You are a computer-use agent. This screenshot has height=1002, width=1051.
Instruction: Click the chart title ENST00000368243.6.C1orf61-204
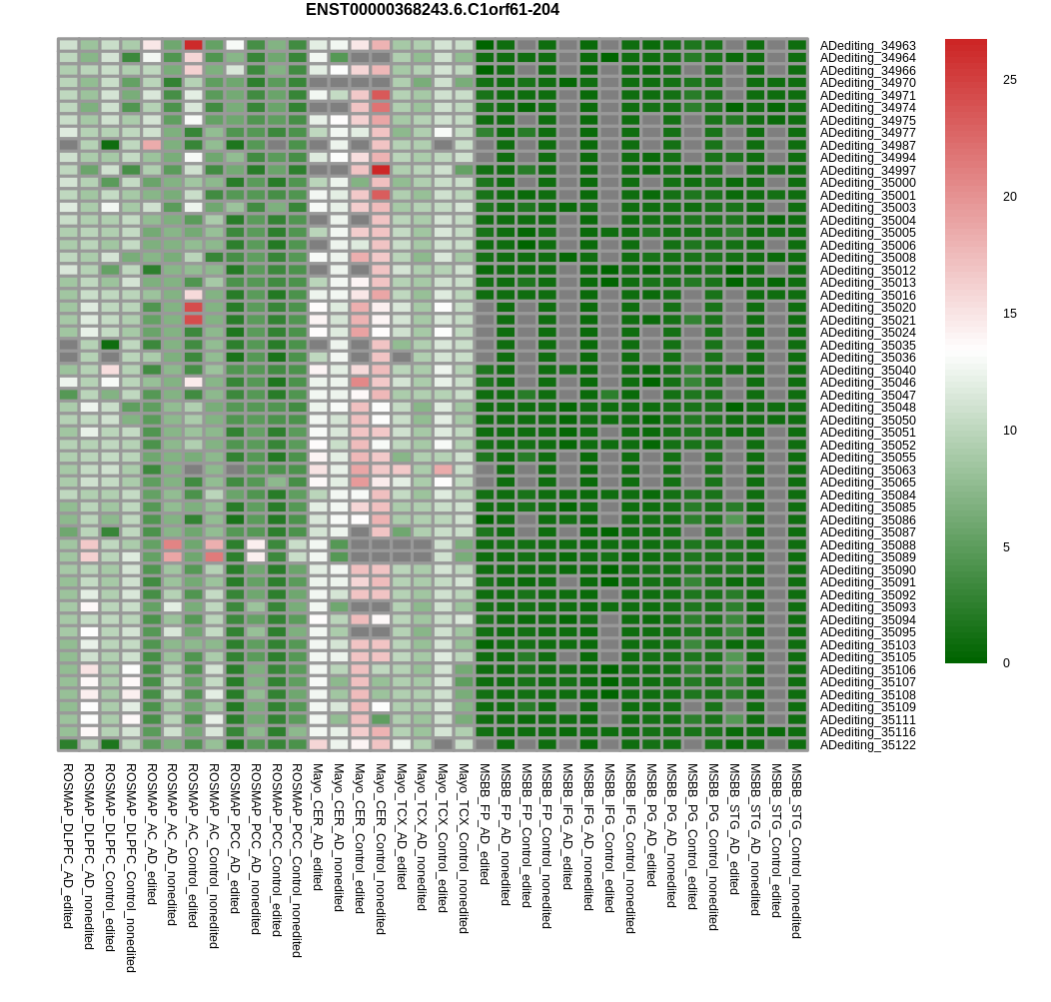pyautogui.click(x=433, y=10)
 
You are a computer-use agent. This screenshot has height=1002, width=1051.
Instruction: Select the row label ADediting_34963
pyautogui.click(x=867, y=46)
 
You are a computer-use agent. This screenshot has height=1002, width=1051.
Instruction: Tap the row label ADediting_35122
pyautogui.click(x=867, y=744)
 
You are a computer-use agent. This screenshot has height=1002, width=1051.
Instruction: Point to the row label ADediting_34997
pyautogui.click(x=867, y=170)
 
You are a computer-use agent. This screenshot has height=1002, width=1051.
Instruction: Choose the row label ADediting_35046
pyautogui.click(x=867, y=383)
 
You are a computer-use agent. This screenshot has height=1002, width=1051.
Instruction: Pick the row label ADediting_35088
pyautogui.click(x=867, y=544)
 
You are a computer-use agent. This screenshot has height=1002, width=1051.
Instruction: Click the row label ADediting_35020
pyautogui.click(x=867, y=308)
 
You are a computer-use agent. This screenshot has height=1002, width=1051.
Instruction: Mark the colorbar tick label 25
pyautogui.click(x=1009, y=80)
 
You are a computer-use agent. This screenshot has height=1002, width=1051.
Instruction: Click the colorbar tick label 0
pyautogui.click(x=1006, y=663)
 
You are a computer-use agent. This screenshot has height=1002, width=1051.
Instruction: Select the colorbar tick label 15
pyautogui.click(x=1009, y=313)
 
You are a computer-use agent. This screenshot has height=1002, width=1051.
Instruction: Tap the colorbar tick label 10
pyautogui.click(x=1009, y=431)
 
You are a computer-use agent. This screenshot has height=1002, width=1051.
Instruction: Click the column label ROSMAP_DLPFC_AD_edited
pyautogui.click(x=68, y=846)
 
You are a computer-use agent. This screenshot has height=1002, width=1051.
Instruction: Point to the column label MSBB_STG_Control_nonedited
pyautogui.click(x=797, y=850)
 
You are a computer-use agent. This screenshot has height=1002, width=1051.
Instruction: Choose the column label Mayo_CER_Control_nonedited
pyautogui.click(x=380, y=848)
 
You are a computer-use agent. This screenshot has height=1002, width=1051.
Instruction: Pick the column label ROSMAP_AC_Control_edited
pyautogui.click(x=193, y=845)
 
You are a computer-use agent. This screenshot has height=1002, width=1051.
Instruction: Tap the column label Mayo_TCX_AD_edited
pyautogui.click(x=401, y=826)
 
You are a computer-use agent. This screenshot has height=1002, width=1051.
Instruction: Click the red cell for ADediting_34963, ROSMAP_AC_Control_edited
pyautogui.click(x=193, y=45)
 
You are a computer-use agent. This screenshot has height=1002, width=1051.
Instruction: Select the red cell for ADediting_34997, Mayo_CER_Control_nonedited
pyautogui.click(x=381, y=170)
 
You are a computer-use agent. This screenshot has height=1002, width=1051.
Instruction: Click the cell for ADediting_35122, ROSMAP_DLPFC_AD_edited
pyautogui.click(x=68, y=744)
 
